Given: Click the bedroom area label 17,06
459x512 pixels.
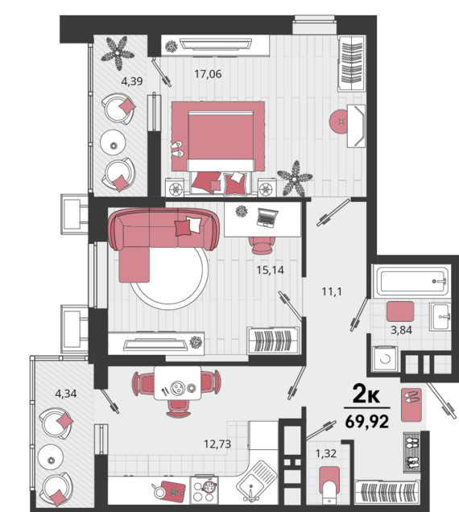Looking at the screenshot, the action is (208, 74).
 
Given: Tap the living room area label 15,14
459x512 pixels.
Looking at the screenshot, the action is (270, 270).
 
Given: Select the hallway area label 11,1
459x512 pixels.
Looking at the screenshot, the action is (332, 291).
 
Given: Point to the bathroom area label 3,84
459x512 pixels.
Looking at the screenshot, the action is (401, 330).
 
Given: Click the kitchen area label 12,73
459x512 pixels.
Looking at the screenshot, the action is (217, 444).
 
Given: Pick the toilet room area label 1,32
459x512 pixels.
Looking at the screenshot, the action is (325, 453).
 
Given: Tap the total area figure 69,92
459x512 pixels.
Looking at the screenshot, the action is (367, 421).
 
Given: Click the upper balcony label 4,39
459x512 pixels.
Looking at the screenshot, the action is (131, 81).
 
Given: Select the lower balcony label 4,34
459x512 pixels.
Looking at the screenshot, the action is (66, 394).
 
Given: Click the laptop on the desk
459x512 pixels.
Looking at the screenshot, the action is (267, 218).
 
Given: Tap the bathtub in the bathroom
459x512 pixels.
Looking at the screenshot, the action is (411, 280).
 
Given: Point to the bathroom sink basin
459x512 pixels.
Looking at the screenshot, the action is (440, 316).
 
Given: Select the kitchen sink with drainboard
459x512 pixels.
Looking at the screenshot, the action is (257, 481).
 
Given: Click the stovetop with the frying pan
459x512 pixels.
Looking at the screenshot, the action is (205, 489).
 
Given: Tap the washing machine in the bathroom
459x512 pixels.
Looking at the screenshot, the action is (385, 358).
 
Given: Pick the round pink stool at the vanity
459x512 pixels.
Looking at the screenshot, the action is (340, 122).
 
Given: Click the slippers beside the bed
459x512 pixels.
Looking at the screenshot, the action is (177, 149).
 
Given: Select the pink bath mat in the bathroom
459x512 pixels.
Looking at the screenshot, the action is (400, 312).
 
